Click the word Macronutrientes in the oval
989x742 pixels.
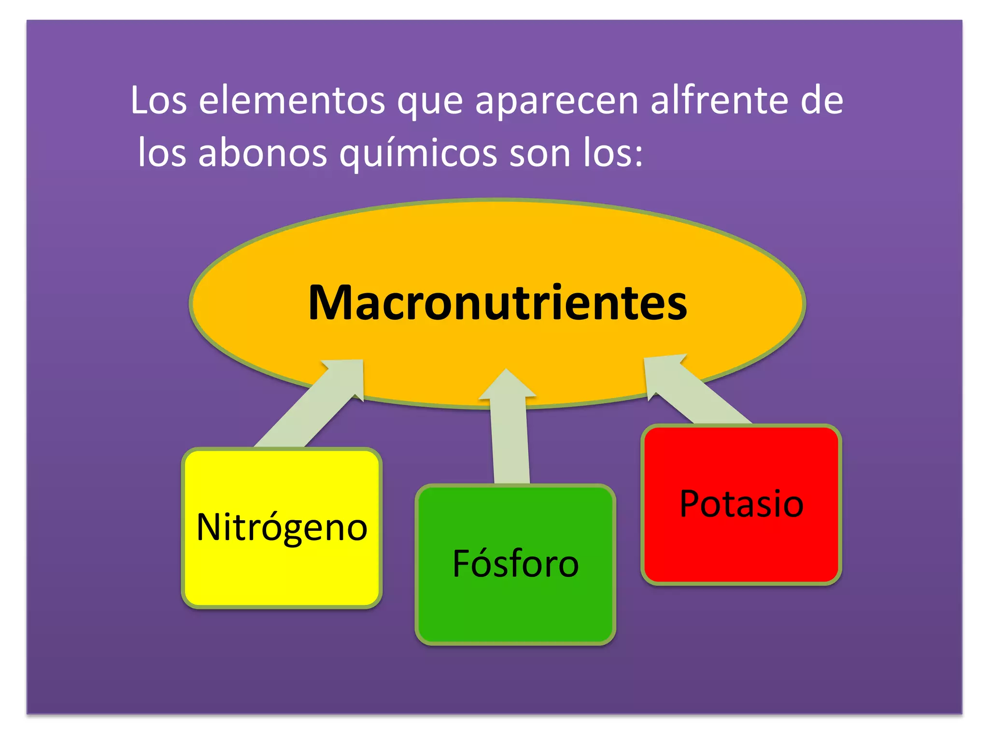coord(497,303)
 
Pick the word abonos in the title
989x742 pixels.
coord(263,153)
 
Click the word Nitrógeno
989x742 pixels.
coord(282,528)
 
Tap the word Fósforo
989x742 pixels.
coord(515,563)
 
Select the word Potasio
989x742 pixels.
coord(741,504)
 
